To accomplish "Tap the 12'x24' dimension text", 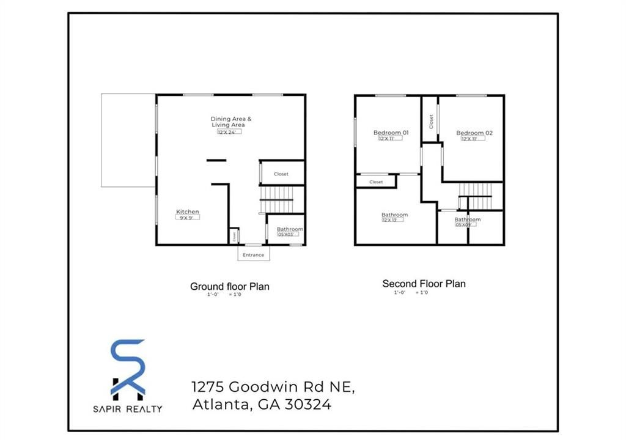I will click(229, 131).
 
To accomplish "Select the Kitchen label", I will click(188, 212).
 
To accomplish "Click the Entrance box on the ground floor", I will click(253, 254).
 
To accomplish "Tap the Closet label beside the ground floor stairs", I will click(281, 174).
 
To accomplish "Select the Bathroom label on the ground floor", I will click(290, 229).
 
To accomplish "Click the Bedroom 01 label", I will click(391, 133).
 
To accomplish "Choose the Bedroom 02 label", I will click(474, 133).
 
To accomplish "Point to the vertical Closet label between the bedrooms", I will click(431, 121).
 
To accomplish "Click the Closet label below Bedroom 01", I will click(376, 182).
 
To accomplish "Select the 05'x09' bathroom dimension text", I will click(465, 224).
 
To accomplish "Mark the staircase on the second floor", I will click(475, 196).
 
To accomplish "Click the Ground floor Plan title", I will click(229, 286).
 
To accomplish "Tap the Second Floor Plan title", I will click(424, 284).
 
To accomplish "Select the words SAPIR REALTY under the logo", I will click(128, 408).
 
